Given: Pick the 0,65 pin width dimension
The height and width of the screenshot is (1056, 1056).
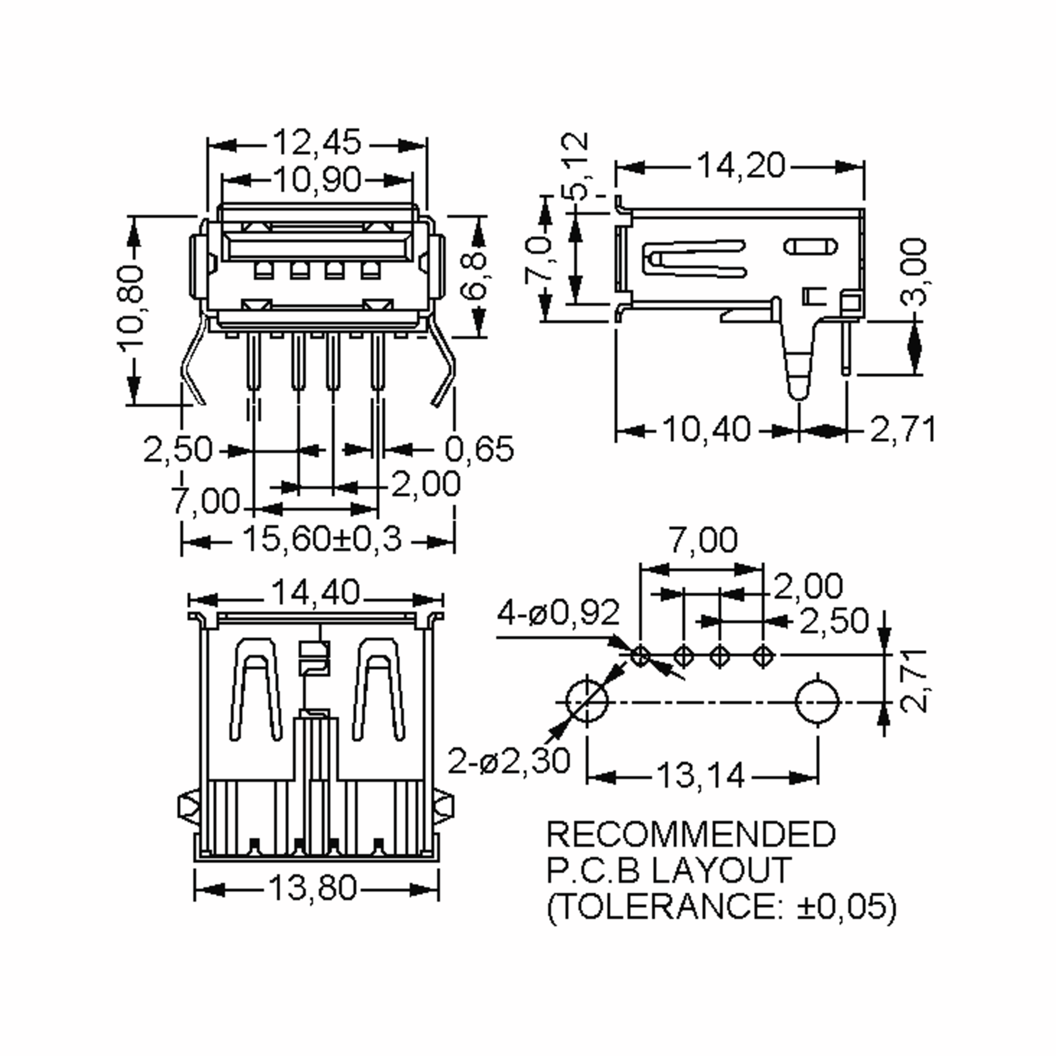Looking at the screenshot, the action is tap(479, 449).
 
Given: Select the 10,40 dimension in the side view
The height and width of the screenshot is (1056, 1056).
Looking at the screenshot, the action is tap(706, 429).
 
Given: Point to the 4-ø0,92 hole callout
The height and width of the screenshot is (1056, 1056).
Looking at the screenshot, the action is tap(558, 613).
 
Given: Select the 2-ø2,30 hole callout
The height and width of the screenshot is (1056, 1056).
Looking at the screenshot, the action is tap(509, 760).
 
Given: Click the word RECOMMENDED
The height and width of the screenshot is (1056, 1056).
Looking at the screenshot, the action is tap(691, 834).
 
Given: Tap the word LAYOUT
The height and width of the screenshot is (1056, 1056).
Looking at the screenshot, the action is tap(722, 869).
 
